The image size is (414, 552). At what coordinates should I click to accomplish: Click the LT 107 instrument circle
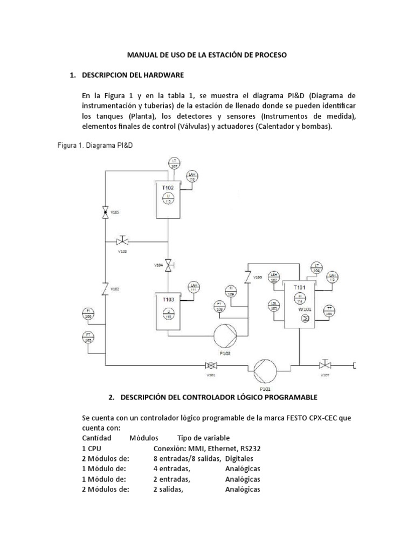174,163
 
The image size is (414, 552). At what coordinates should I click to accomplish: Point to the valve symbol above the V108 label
122,240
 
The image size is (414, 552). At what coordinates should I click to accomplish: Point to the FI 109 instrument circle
232,292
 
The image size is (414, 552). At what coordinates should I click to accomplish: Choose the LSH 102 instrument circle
274,279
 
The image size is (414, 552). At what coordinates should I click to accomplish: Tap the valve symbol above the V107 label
325,364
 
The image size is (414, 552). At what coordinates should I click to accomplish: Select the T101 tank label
300,287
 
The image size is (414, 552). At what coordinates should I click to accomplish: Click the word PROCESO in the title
270,54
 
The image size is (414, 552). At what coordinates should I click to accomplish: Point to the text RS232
250,448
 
